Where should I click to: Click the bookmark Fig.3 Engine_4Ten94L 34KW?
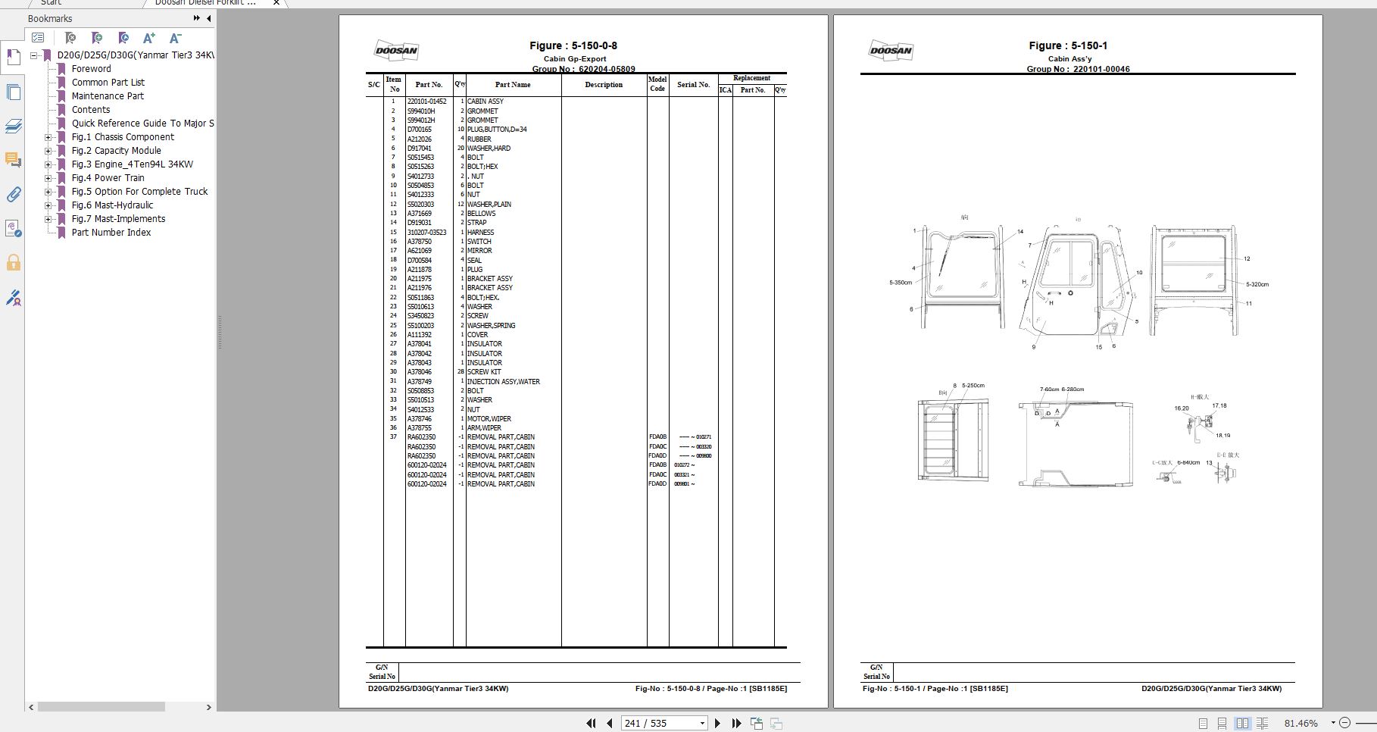(x=132, y=164)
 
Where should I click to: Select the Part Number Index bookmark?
(x=111, y=233)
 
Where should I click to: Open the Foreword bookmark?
(x=91, y=69)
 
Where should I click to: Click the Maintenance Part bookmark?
(x=108, y=96)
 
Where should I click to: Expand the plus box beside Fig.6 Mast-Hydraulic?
(x=48, y=205)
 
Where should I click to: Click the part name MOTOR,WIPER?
(x=489, y=419)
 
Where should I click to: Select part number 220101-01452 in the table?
(x=426, y=102)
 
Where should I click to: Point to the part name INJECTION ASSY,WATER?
(x=503, y=382)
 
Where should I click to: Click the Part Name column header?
(x=513, y=85)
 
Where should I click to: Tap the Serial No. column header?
(x=693, y=85)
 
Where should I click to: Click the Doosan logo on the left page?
(x=396, y=51)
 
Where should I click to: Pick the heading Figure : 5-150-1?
(x=1068, y=45)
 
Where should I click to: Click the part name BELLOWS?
(x=481, y=214)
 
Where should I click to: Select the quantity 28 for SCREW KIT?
(x=461, y=372)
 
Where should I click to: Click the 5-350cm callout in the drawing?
(x=901, y=283)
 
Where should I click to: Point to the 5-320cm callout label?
(x=1257, y=284)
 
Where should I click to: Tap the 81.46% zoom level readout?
(x=1300, y=723)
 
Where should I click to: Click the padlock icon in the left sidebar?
(x=14, y=263)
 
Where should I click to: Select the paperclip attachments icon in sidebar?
(x=14, y=195)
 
